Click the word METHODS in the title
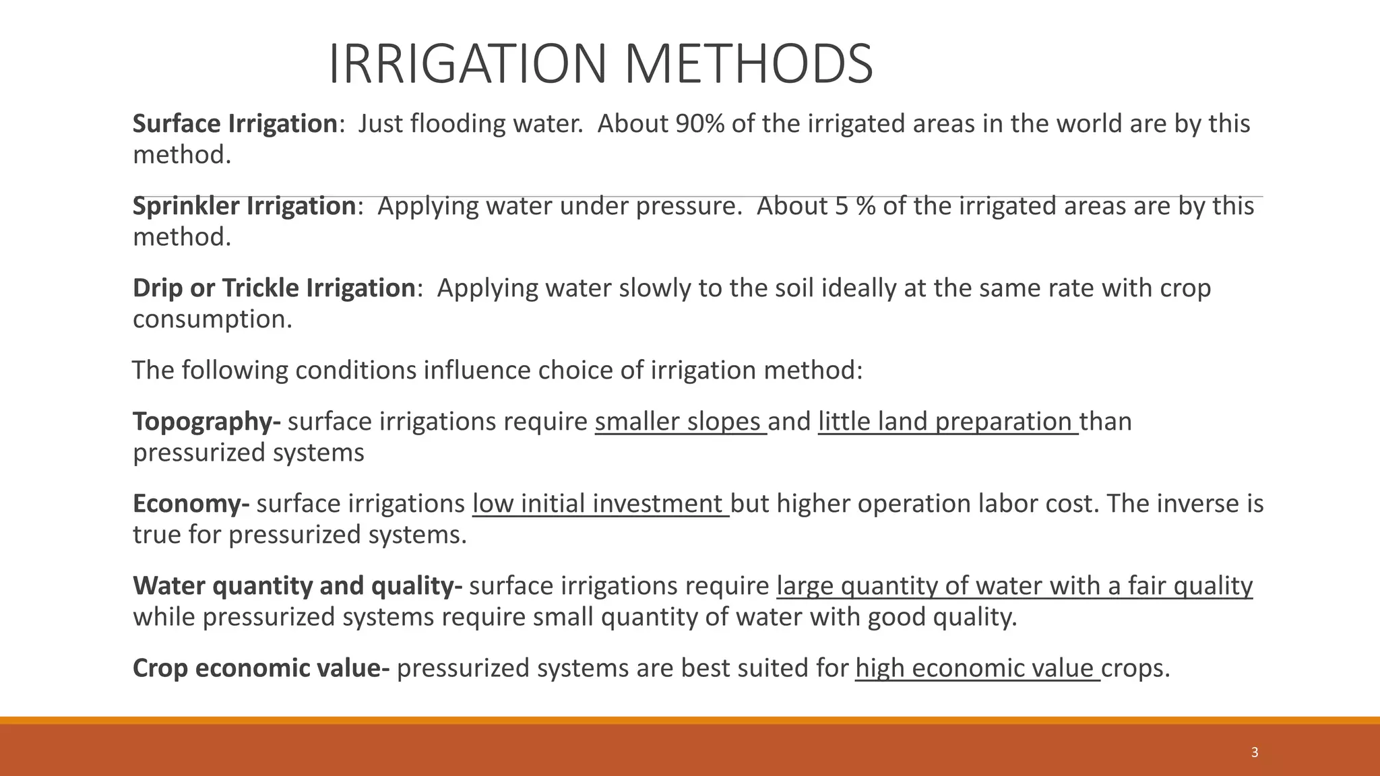pyautogui.click(x=748, y=65)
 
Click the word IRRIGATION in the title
pyautogui.click(x=468, y=65)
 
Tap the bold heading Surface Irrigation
pyautogui.click(x=234, y=124)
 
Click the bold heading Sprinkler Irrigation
pyautogui.click(x=244, y=206)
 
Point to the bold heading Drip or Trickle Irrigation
pyautogui.click(x=274, y=288)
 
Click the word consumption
pyautogui.click(x=212, y=319)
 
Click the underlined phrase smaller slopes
pyautogui.click(x=680, y=422)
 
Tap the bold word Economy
pyautogui.click(x=191, y=504)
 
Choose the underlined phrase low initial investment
pyautogui.click(x=600, y=504)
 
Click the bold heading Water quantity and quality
pyautogui.click(x=297, y=586)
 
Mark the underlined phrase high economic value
pyautogui.click(x=977, y=668)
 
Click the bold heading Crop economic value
pyautogui.click(x=261, y=668)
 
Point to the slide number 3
pyautogui.click(x=1254, y=753)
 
